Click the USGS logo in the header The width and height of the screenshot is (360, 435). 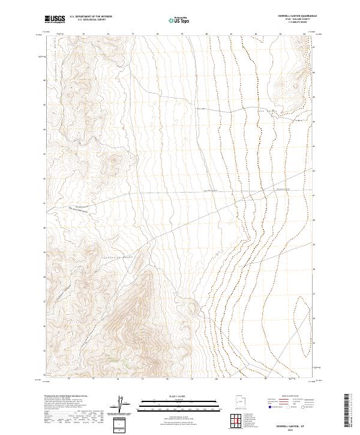point(55,19)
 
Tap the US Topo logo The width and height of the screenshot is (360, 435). point(179,19)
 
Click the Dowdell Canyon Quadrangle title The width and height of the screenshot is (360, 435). point(298,16)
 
